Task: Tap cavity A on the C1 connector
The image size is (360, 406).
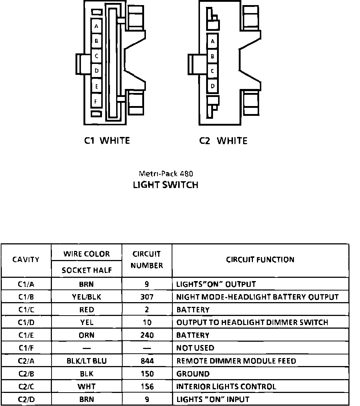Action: click(x=96, y=27)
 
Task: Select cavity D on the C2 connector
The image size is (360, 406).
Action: click(x=213, y=86)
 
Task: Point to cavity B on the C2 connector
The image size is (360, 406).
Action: click(x=213, y=56)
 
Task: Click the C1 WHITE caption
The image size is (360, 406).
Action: click(x=107, y=141)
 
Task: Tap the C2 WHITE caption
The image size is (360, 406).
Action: click(x=223, y=141)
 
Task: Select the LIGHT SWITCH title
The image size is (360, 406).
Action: click(x=165, y=185)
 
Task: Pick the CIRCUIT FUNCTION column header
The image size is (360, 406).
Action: click(x=260, y=260)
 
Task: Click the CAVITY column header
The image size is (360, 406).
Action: click(x=26, y=260)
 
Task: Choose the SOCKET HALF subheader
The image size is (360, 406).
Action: click(x=86, y=270)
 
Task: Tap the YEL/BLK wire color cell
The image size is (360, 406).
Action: click(x=86, y=297)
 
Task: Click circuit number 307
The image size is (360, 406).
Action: click(x=147, y=297)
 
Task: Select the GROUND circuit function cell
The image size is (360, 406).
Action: click(x=193, y=374)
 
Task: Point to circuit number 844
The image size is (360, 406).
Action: click(x=147, y=361)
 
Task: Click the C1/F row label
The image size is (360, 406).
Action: click(x=26, y=348)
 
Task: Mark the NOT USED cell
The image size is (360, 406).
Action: click(x=195, y=348)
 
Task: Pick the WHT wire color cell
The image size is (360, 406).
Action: click(x=86, y=387)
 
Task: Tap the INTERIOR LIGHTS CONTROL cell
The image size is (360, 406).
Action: click(x=226, y=387)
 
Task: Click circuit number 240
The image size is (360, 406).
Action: click(x=147, y=335)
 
